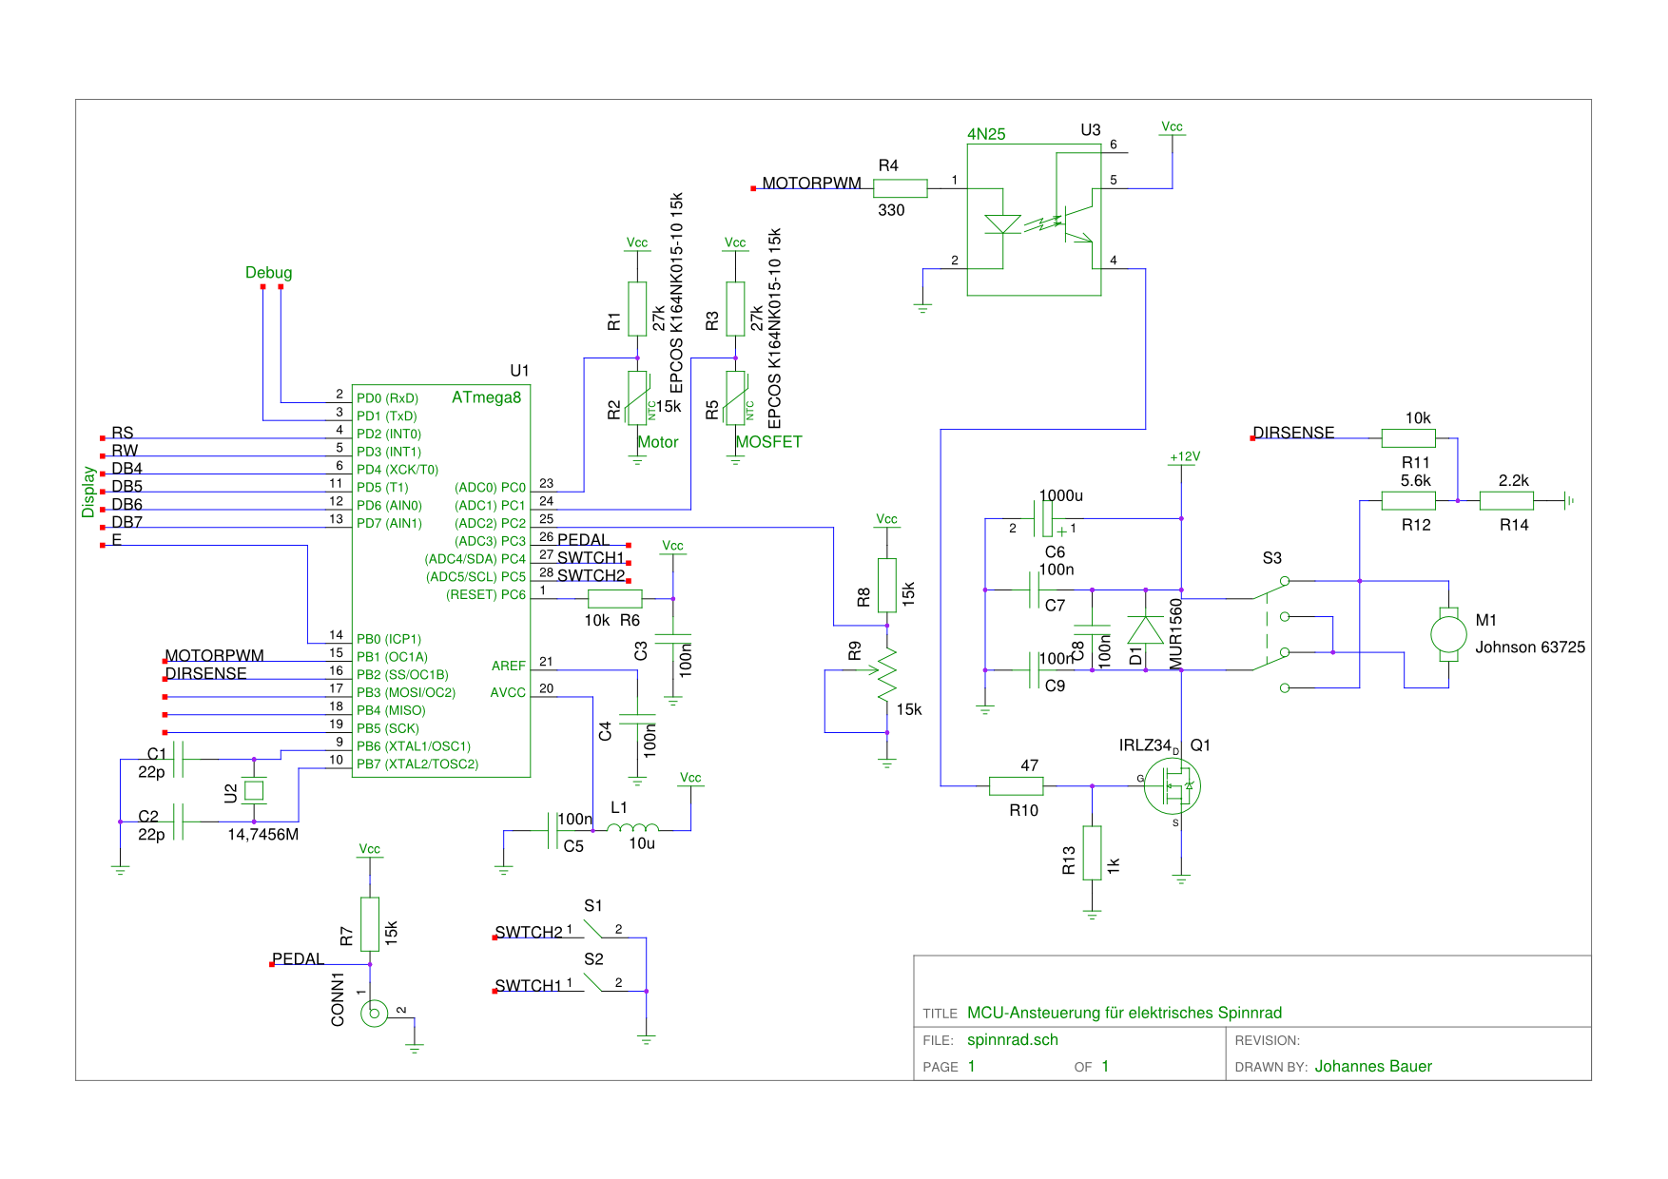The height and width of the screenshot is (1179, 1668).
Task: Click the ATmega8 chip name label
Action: tap(486, 397)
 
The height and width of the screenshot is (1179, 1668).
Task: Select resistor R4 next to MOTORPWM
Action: tap(900, 188)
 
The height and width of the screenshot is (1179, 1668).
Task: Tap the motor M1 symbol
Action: tap(1448, 634)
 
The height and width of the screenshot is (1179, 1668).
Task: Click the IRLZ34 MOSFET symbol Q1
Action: tap(1173, 786)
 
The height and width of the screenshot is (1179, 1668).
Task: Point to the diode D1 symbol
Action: tap(1145, 629)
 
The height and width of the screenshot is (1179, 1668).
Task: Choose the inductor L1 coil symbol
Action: tap(632, 828)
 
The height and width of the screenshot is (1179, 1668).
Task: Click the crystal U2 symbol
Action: tap(253, 790)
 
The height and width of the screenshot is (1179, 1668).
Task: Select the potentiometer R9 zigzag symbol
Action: tap(886, 672)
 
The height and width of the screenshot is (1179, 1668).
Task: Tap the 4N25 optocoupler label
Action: tap(986, 134)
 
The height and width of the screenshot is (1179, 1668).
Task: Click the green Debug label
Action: tap(268, 273)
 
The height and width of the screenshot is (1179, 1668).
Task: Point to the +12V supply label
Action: tap(1185, 456)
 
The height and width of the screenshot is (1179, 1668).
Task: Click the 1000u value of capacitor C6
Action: tap(1061, 495)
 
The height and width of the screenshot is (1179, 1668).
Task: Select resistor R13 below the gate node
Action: tap(1092, 853)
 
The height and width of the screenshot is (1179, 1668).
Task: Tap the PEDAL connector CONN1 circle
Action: tap(374, 1014)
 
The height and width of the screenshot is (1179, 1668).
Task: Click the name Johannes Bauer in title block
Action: tap(1373, 1067)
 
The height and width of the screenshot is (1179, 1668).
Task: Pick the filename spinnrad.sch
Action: tap(1013, 1040)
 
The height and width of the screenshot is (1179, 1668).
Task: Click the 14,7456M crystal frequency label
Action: tap(263, 835)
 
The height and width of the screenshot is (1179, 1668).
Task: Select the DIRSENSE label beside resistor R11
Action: tap(1293, 433)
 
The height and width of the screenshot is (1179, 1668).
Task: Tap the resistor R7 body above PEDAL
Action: tap(370, 924)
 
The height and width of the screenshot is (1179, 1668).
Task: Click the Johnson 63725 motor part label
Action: tap(1530, 647)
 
